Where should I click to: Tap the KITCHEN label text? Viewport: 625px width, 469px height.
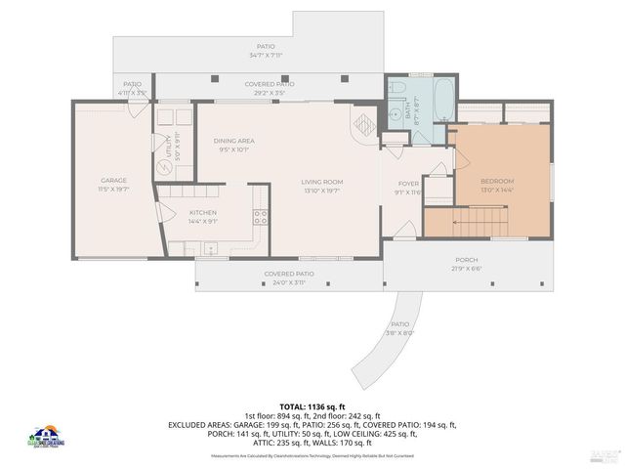coord(202,212)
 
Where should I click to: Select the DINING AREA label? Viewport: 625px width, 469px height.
coord(233,141)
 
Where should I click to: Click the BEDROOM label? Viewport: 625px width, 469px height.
coord(496,182)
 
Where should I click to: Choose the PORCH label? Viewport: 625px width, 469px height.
coord(467,260)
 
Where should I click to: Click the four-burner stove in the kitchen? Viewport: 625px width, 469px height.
coord(260,216)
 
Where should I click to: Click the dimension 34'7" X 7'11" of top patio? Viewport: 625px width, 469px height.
coord(266,56)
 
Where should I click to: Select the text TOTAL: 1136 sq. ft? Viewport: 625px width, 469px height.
coord(312,405)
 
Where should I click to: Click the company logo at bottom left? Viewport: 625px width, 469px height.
coord(46,438)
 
